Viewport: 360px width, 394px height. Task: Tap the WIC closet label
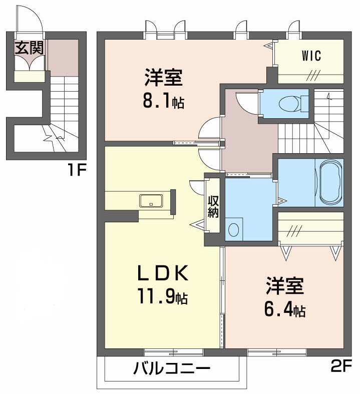tap(310, 56)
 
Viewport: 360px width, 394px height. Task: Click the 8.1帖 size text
tap(163, 103)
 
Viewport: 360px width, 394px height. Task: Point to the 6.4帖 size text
tap(284, 310)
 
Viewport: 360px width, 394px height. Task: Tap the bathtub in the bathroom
tap(328, 182)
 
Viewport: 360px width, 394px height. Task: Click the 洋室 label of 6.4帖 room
tap(284, 287)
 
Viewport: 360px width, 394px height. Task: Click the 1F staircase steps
tap(64, 100)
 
